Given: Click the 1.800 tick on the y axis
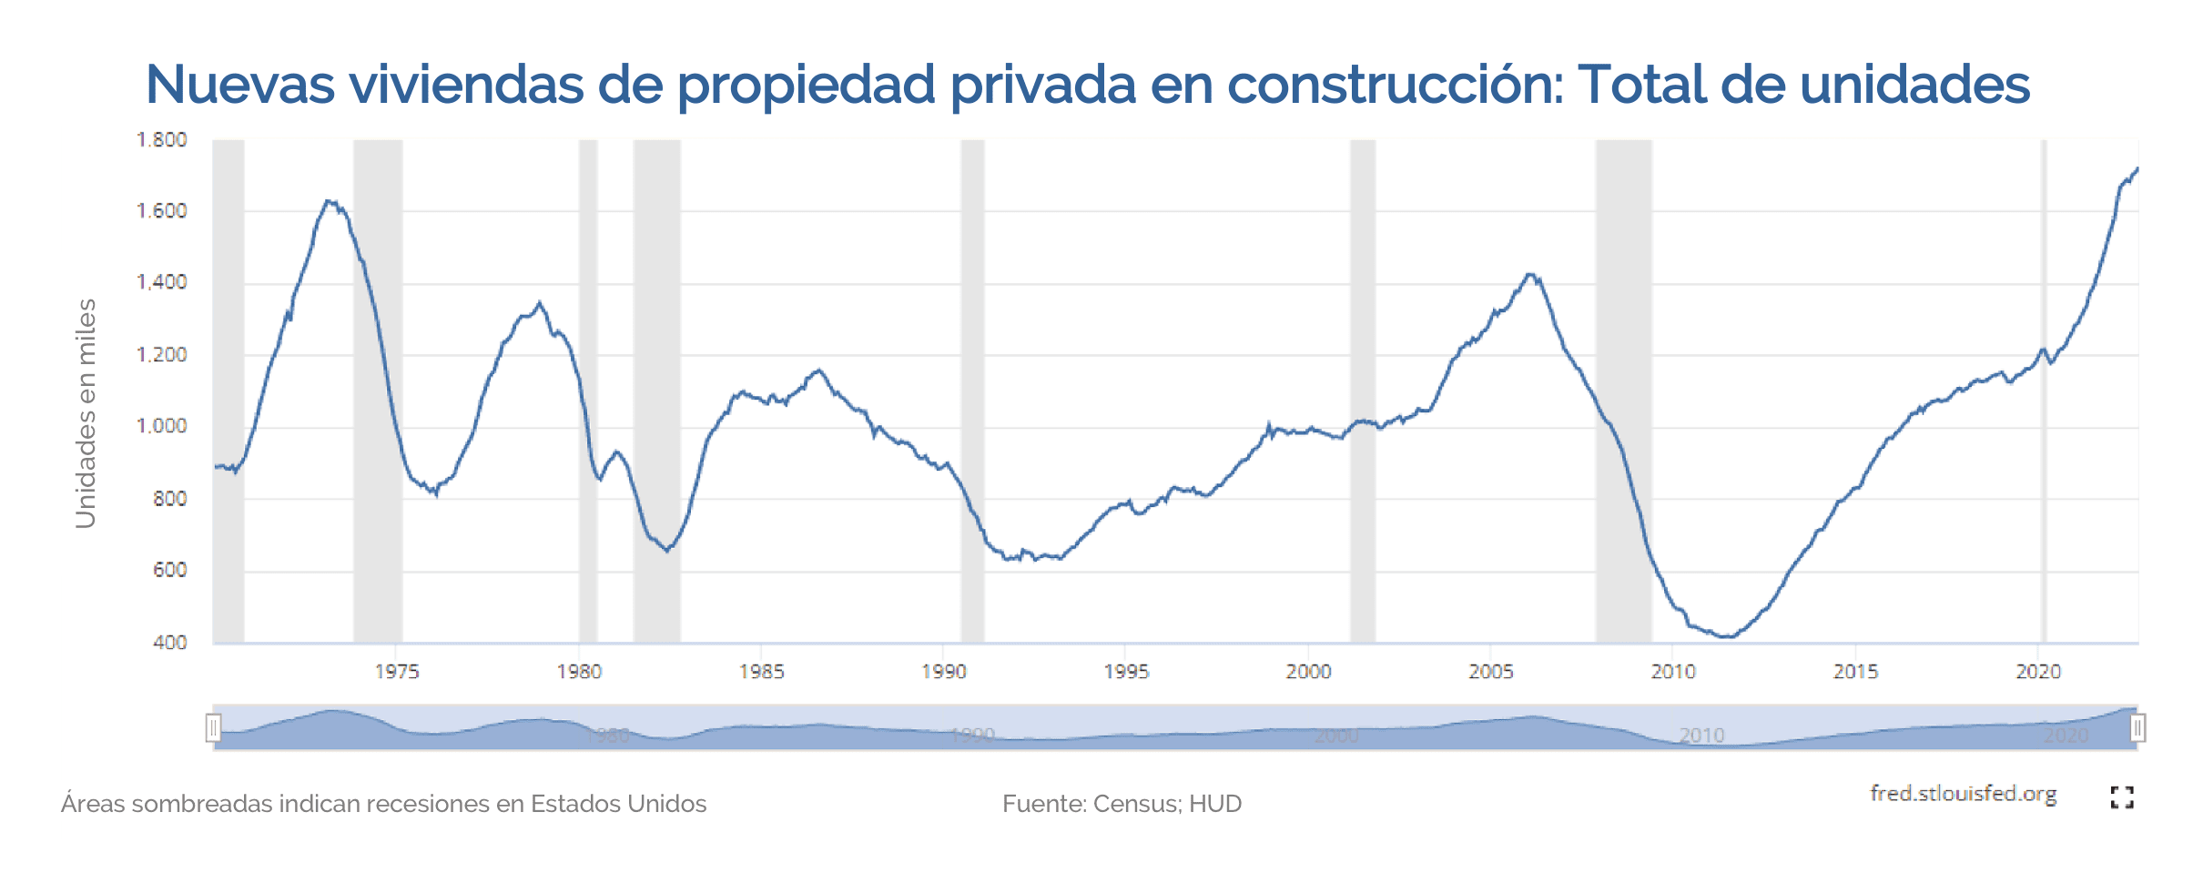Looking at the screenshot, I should pos(161,140).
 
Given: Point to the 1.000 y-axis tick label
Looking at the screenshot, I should pos(161,426).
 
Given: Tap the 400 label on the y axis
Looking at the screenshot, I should pos(170,643).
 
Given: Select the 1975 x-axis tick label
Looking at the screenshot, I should pos(397,672).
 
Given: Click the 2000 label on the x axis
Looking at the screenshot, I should pos(1308,672).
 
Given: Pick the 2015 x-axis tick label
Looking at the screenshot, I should pos(1855,672).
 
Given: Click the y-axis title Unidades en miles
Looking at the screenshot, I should pos(86,413).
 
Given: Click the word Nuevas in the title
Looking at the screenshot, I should pos(240,85).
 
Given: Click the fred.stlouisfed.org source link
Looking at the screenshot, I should pos(1963,794).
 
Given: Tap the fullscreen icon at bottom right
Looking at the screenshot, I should pos(2122,797).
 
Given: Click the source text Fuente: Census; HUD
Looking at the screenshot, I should pos(1122,804).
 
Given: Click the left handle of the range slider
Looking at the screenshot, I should pos(213,728).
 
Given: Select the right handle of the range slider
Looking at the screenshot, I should pos(2137,728).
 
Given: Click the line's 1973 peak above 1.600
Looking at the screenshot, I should pos(330,202).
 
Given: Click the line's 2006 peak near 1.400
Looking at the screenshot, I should pos(1530,274).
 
